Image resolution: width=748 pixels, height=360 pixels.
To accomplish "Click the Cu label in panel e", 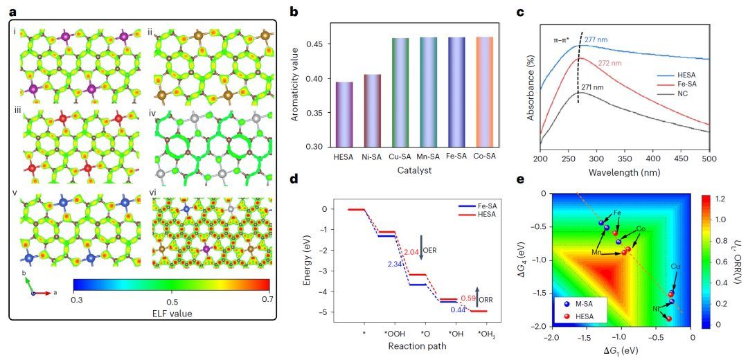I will click(x=675, y=266).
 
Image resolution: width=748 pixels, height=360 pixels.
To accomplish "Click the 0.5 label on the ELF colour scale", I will click(x=171, y=302).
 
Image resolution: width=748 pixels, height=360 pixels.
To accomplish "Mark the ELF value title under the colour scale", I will click(x=171, y=314).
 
